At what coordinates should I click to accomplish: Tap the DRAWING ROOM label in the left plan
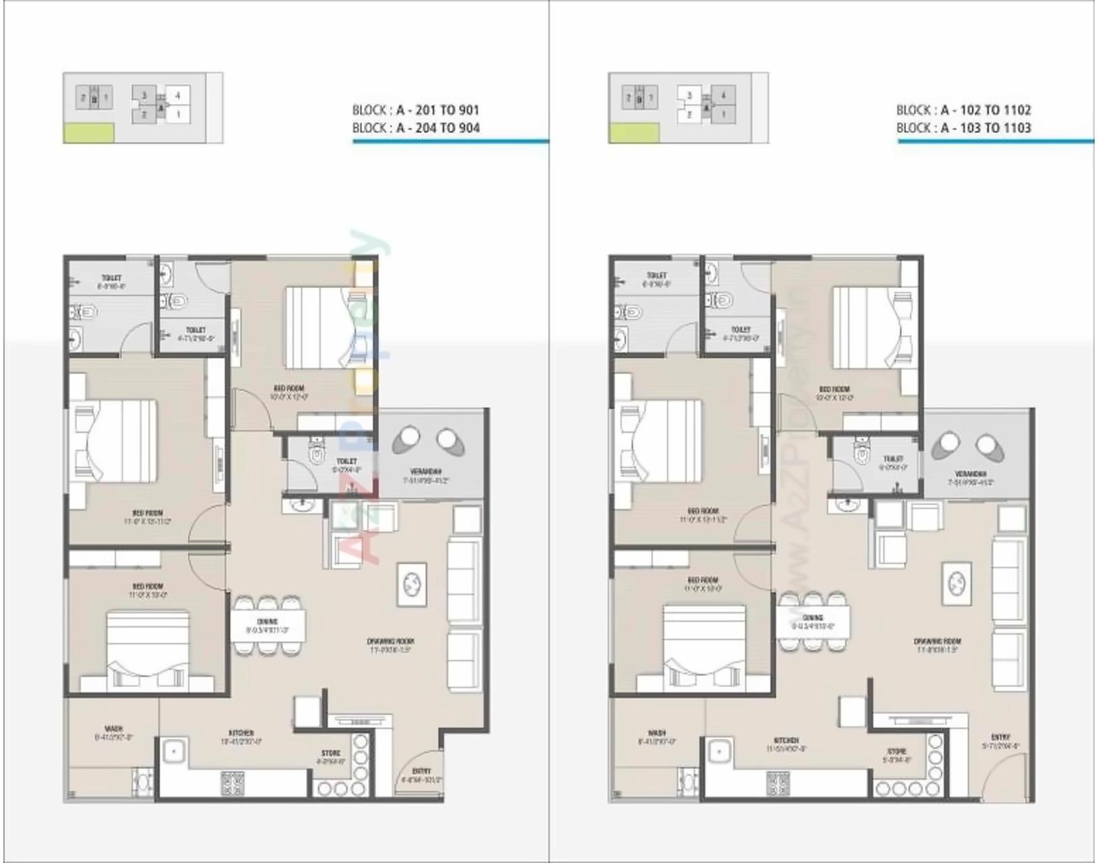tap(391, 641)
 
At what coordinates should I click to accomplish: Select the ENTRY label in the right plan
tap(1000, 737)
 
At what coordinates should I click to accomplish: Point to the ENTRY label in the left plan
tap(421, 771)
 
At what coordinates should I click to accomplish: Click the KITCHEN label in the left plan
tap(241, 733)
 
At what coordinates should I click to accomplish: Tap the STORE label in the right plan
tap(896, 751)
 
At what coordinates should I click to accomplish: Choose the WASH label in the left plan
tap(114, 729)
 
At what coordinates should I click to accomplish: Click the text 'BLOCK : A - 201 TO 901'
tap(415, 110)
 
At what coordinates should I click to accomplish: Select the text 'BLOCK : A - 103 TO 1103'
tap(963, 128)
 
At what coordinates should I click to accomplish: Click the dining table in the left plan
tap(268, 625)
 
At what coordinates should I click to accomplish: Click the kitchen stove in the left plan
tap(233, 783)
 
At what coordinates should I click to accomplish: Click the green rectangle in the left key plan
tap(89, 133)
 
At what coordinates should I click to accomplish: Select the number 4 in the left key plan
tap(178, 96)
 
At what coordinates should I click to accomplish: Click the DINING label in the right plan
tap(812, 618)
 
